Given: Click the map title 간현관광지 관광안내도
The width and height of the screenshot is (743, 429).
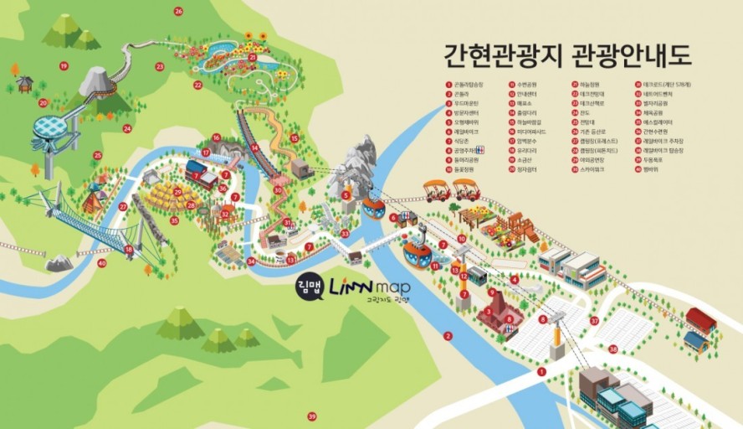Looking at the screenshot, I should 568,56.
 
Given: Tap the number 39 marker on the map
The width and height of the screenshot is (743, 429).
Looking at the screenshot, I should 312,416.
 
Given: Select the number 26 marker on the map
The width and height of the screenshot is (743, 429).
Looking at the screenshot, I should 178,11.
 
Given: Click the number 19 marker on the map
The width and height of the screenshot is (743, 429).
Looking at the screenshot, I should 64,65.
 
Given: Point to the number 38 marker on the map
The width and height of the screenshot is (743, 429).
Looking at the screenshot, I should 613,349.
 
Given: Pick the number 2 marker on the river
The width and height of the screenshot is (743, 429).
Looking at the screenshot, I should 448,336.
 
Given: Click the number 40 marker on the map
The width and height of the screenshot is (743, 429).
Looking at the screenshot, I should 101,263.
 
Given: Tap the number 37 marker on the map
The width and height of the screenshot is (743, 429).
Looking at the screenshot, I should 594,320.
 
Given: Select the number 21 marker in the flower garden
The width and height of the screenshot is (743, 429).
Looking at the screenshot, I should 252,57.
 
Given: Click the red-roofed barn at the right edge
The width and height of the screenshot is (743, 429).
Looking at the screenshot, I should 701,319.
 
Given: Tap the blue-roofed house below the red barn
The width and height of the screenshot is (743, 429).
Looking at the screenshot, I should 695,340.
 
